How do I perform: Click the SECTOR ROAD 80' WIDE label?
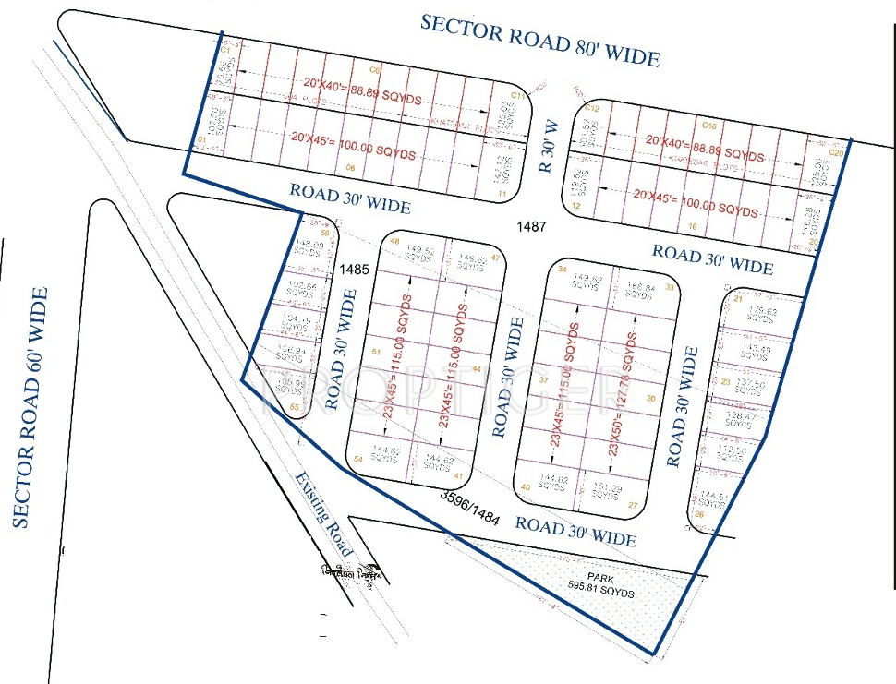(x=539, y=40)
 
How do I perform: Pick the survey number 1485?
(x=354, y=270)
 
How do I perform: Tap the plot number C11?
(x=517, y=96)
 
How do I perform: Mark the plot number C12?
(x=593, y=108)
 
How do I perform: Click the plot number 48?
(x=395, y=241)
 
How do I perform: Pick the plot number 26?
(x=698, y=514)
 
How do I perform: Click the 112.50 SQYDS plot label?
(x=730, y=453)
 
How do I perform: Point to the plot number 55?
(x=294, y=406)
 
